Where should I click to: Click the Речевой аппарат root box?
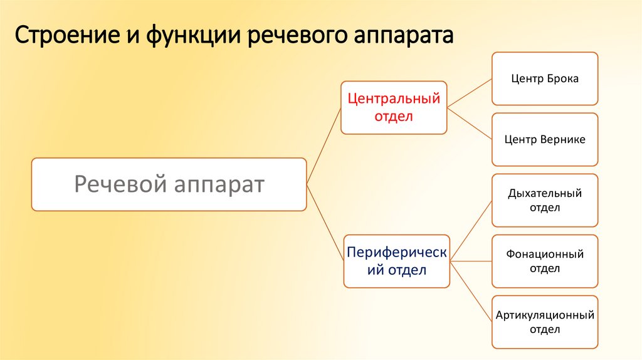coord(169,184)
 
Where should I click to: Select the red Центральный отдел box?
coord(394,107)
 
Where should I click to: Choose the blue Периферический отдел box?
coord(396,261)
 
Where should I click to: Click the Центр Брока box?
coord(544,78)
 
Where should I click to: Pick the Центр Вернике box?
coord(544,139)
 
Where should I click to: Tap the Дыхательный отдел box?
coord(544,200)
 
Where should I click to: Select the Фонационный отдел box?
coord(544,261)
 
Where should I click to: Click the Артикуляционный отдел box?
coord(544,322)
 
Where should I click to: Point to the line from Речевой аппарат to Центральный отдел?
coord(324,145)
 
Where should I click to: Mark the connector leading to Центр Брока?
coord(470,92)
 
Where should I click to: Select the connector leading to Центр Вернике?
coord(470,124)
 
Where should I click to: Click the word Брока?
coord(562,79)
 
